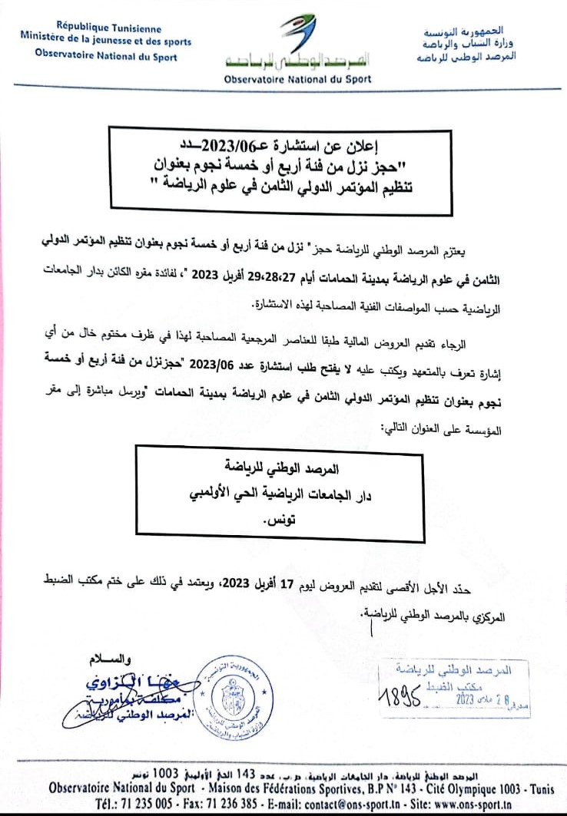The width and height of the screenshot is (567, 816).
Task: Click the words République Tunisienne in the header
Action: [x=105, y=30]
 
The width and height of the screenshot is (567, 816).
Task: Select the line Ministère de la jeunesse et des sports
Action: [x=106, y=42]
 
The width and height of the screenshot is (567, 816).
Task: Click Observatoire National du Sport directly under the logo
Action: [x=297, y=79]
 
